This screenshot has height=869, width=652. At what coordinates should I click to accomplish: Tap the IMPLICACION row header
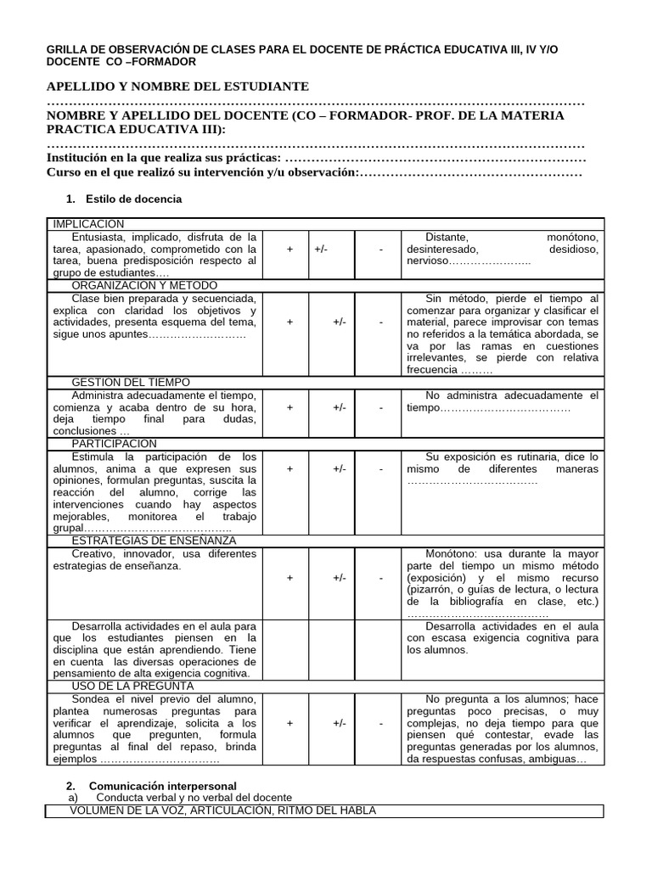tap(88, 223)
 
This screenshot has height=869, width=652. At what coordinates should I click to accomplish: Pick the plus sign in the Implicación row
tap(290, 249)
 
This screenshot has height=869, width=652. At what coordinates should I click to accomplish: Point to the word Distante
tap(447, 237)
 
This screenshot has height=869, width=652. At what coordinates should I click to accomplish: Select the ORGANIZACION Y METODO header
tap(145, 286)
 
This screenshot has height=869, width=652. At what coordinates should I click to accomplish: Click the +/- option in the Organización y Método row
tap(340, 322)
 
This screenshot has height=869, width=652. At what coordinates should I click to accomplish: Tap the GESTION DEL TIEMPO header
tap(131, 383)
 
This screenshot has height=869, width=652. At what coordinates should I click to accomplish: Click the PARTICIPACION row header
tap(115, 443)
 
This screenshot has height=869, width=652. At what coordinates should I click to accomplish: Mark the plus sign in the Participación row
tap(290, 468)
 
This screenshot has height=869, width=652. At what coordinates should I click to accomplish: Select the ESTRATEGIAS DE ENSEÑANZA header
tap(154, 541)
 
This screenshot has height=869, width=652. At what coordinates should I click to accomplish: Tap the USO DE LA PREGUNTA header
tap(133, 685)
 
